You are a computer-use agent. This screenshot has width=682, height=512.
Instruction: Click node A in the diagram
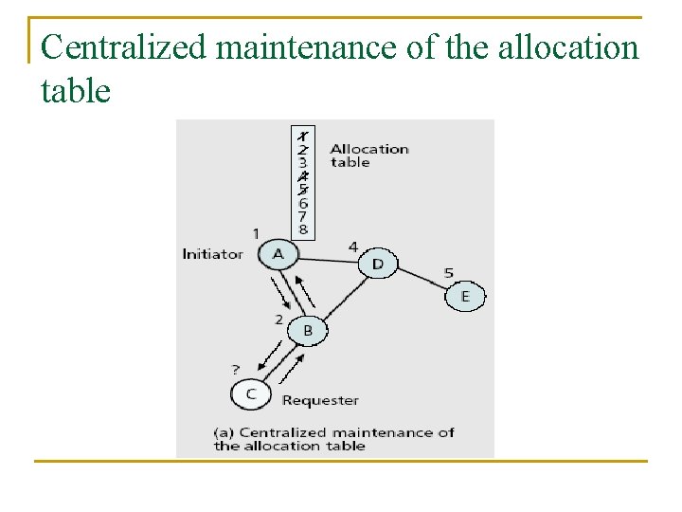coord(278,254)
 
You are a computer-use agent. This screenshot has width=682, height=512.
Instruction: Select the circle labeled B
coord(307,331)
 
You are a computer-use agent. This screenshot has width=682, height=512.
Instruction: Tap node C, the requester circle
coord(251,393)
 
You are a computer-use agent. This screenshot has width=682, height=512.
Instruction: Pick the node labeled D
coord(377,263)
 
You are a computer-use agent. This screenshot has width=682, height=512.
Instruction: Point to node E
coord(464,297)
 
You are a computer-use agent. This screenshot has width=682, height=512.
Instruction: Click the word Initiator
coord(212,254)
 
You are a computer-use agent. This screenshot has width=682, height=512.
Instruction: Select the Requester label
coord(320,400)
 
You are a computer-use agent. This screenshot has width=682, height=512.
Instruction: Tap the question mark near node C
coord(236,369)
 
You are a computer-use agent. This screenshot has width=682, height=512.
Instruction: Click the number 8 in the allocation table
coord(302,229)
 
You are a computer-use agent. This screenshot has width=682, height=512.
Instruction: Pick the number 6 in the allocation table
coord(302,203)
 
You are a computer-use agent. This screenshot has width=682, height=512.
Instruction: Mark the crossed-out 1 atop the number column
coord(302,136)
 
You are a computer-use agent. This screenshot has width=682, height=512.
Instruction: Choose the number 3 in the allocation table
coord(302,162)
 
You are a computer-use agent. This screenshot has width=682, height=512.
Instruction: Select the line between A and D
coord(328,258)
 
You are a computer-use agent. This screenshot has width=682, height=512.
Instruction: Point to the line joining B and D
coord(342,297)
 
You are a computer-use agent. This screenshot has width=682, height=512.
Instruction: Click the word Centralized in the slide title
coord(123,46)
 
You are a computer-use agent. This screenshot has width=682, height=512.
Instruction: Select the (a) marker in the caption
coord(224,432)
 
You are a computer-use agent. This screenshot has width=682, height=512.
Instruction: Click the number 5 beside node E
coord(448,273)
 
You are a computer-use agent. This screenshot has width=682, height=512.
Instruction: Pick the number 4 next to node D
coord(352,247)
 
